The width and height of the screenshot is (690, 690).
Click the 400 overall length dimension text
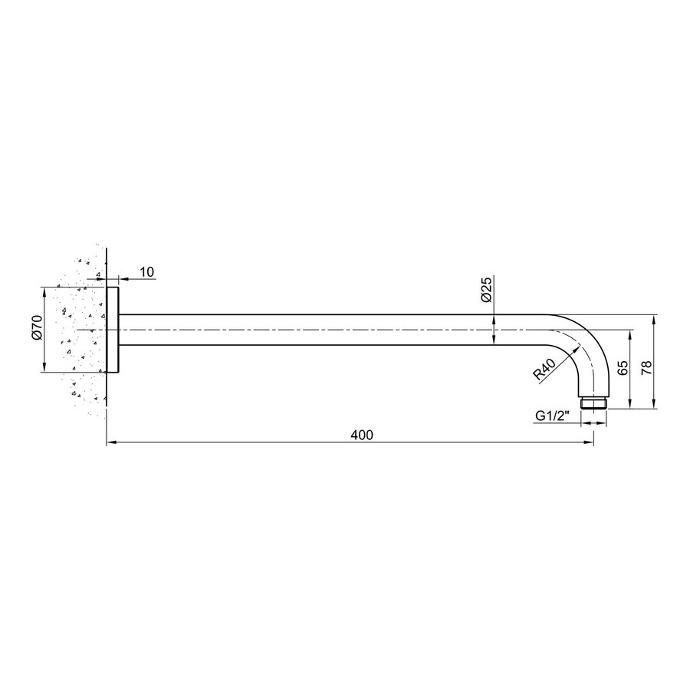(361, 435)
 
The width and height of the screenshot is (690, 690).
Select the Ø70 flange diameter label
(36, 330)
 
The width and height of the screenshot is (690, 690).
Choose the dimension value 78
(646, 368)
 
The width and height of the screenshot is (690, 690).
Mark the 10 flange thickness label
(147, 272)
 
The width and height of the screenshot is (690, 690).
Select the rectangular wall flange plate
(113, 330)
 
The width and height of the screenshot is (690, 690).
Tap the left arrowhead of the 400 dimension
(110, 442)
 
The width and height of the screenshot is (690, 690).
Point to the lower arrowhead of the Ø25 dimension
(495, 341)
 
